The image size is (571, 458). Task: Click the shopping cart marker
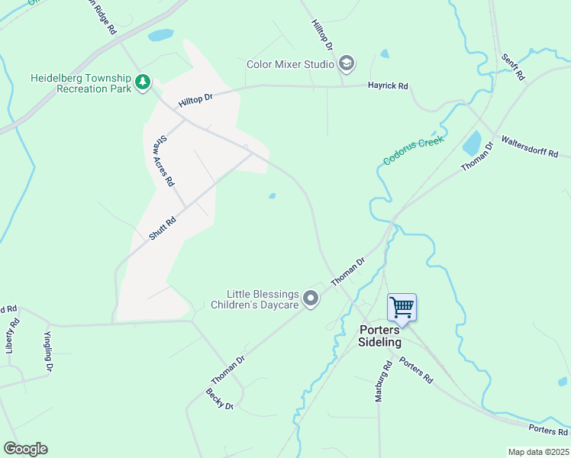click(x=402, y=308)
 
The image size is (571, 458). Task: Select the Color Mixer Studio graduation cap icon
click(x=346, y=63)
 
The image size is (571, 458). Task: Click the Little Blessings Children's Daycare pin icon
click(x=311, y=298)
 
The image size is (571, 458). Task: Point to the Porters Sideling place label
click(x=379, y=336)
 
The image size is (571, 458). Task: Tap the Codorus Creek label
click(x=413, y=147)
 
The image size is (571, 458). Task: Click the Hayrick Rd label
click(x=388, y=85)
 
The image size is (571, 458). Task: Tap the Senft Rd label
click(x=512, y=67)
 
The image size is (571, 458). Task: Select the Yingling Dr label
click(x=48, y=351)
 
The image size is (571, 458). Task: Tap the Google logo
click(x=25, y=449)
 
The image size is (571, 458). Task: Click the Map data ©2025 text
click(x=537, y=452)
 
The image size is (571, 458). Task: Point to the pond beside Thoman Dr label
click(x=472, y=143)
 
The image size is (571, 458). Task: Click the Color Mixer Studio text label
click(x=290, y=64)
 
